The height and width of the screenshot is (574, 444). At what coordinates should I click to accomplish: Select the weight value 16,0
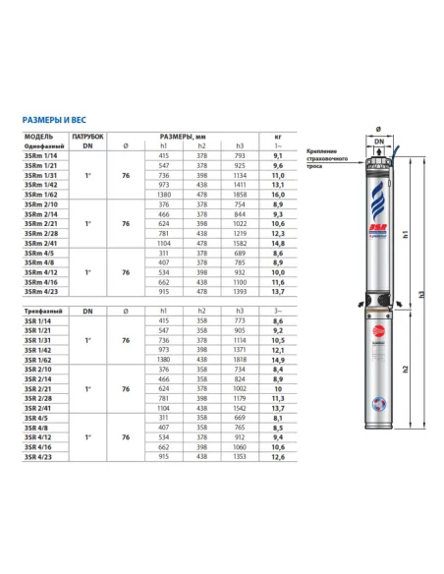pos(277,196)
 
